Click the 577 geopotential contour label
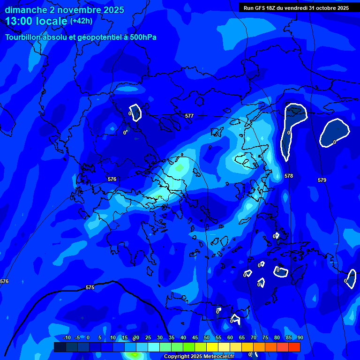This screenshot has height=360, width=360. point(189,115)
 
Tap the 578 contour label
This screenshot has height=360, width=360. point(289,176)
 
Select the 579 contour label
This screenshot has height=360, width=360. point(322,180)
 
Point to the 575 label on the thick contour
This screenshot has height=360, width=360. point(90,287)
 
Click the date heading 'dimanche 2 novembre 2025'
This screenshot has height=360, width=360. point(65,10)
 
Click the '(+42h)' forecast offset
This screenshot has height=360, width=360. point(81,21)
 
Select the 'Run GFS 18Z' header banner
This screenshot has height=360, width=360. point(296,8)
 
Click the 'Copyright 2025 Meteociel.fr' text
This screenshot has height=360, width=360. point(199,356)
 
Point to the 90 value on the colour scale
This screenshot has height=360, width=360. point(300,338)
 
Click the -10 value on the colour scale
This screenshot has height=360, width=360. point(67,338)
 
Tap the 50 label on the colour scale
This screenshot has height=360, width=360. point(207,338)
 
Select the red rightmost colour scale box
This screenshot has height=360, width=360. point(294,347)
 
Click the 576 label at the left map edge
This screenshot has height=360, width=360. point(4,281)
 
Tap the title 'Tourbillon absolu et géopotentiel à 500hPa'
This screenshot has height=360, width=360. point(81,37)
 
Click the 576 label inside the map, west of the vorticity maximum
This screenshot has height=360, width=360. point(112,179)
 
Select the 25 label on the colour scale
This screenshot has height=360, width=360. point(148,338)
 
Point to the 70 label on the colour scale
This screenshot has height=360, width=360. point(254,338)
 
